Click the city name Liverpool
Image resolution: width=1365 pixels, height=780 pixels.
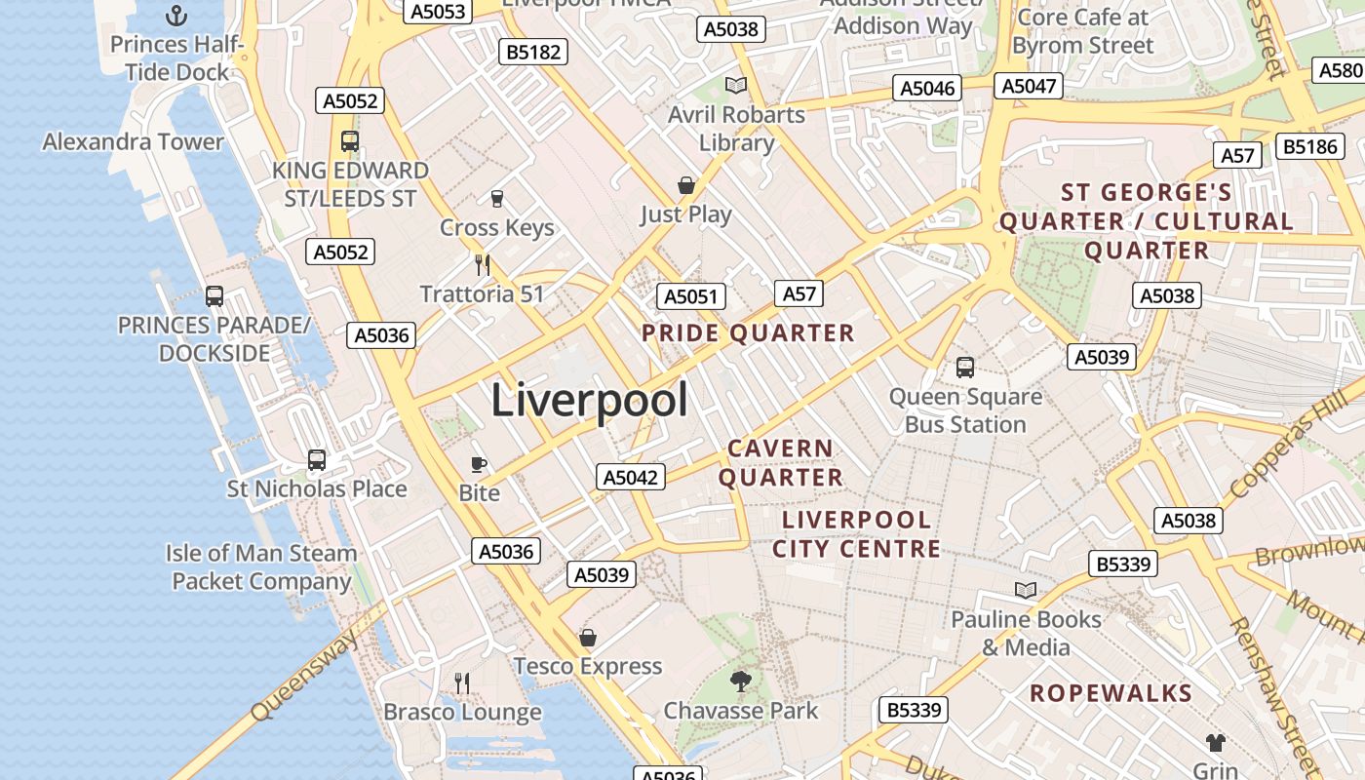(x=589, y=400)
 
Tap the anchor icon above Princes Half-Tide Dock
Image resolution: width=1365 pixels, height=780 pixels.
(x=176, y=16)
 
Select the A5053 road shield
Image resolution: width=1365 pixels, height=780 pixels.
(x=439, y=11)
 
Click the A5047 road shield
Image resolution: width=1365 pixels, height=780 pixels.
(x=1029, y=86)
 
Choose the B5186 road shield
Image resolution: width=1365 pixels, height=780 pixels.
(x=1309, y=146)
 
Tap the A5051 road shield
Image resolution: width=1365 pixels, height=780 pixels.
(x=691, y=297)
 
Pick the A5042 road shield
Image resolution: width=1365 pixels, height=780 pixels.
(x=631, y=477)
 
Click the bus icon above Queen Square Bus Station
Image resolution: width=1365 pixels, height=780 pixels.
(x=965, y=368)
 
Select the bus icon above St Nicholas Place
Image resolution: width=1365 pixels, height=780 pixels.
(x=317, y=460)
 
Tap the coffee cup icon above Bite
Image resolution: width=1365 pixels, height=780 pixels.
(x=479, y=464)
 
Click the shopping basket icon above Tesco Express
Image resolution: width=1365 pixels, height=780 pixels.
(x=588, y=639)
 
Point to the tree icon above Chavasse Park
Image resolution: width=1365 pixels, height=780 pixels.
(x=741, y=682)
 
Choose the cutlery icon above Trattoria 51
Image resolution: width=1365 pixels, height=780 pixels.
(x=482, y=264)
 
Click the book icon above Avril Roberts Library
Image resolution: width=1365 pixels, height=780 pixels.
(x=736, y=86)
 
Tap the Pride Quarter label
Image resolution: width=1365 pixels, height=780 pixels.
(x=748, y=333)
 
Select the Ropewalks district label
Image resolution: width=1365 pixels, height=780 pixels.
(x=1111, y=693)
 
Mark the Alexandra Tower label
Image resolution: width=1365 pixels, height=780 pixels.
(x=133, y=141)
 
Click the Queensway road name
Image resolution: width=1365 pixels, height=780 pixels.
(x=302, y=675)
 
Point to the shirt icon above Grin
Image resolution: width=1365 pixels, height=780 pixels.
(x=1215, y=743)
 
